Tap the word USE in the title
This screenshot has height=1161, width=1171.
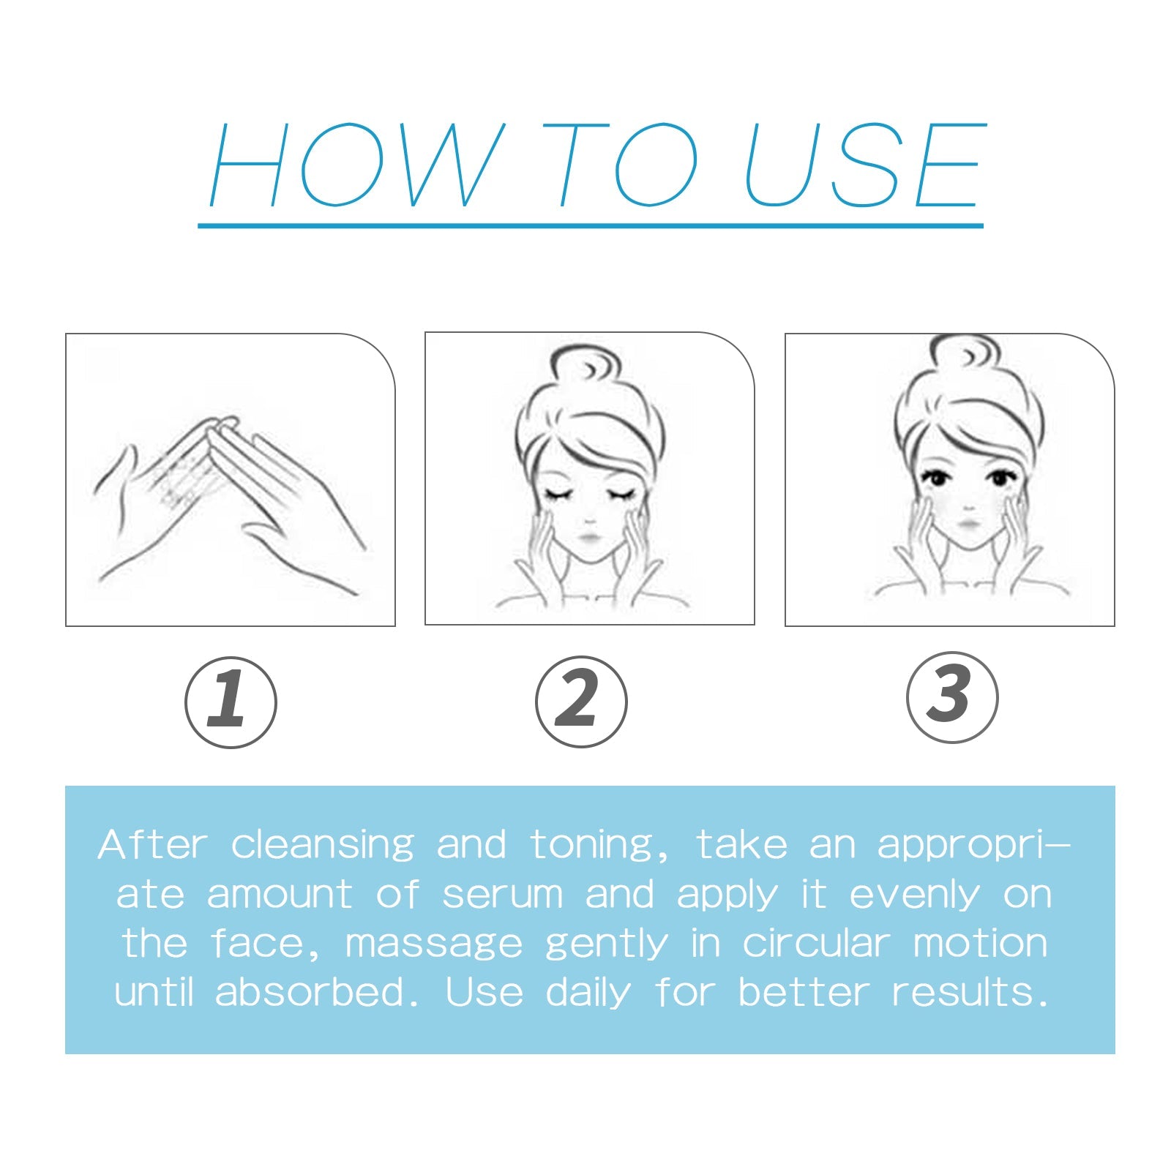pyautogui.click(x=864, y=165)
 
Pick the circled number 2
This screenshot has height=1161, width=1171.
pyautogui.click(x=581, y=701)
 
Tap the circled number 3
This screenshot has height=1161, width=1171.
pyautogui.click(x=951, y=697)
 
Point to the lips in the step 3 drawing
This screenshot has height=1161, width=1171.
pyautogui.click(x=968, y=525)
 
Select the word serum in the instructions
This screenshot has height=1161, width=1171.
pyautogui.click(x=502, y=895)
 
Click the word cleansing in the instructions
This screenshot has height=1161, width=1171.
pyautogui.click(x=322, y=846)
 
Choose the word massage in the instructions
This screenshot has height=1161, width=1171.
pyautogui.click(x=433, y=944)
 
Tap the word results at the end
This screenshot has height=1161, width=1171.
pyautogui.click(x=968, y=993)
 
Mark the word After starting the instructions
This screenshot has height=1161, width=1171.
pyautogui.click(x=152, y=845)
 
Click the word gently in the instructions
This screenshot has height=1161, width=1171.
pyautogui.click(x=606, y=944)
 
